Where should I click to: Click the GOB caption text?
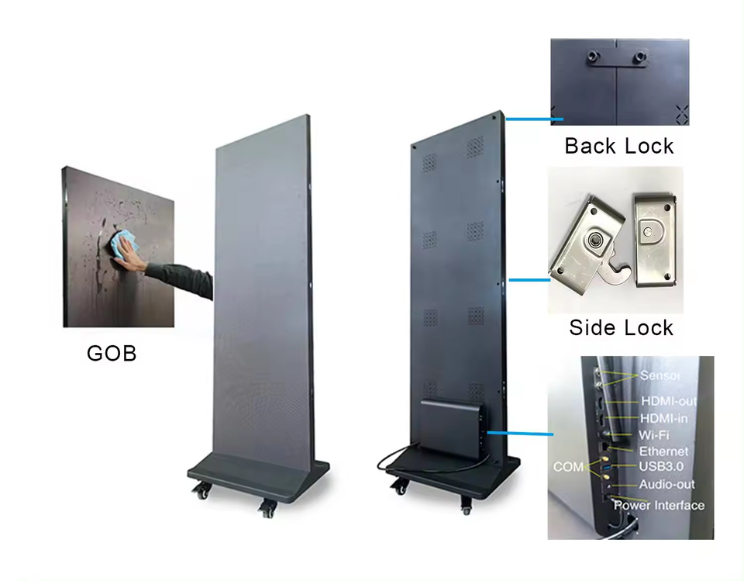coord(112,353)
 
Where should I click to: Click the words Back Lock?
coord(618,146)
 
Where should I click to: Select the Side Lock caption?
coord(621,327)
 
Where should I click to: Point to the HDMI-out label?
coord(668,401)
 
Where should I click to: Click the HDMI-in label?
coord(664,418)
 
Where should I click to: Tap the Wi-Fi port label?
coord(654,434)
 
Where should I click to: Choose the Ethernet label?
coord(663,451)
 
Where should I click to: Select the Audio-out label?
coord(666,484)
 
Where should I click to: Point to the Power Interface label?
coord(659,505)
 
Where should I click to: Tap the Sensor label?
coord(660,375)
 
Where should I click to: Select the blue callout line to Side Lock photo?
coord(529,278)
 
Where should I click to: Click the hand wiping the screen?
coord(131,257)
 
